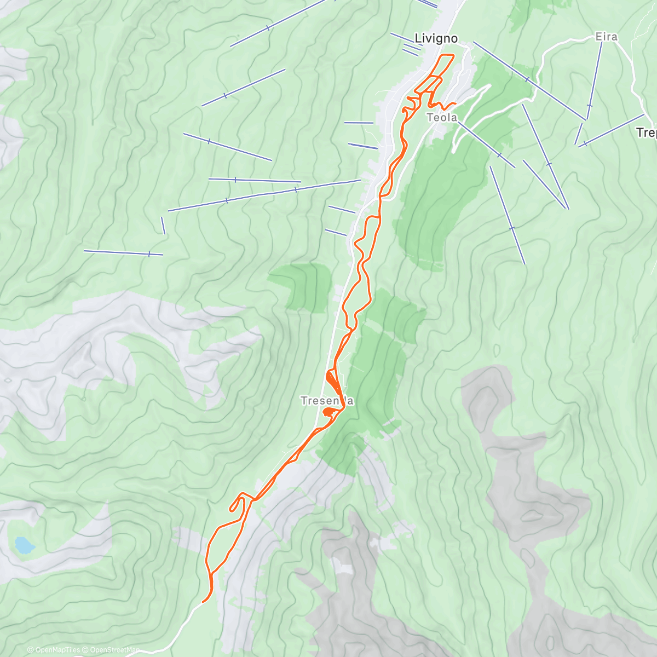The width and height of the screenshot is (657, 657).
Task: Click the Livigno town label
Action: (x=436, y=38)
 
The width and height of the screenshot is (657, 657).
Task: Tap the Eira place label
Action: (x=606, y=37)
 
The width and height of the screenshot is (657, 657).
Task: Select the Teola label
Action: (x=442, y=117)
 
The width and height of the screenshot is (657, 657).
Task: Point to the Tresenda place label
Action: (x=327, y=401)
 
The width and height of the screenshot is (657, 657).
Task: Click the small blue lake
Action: (x=24, y=545)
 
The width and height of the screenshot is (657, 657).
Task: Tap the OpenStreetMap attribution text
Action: (x=115, y=650)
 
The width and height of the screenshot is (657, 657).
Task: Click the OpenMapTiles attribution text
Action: (x=57, y=650)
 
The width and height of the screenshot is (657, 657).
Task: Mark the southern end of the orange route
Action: (x=204, y=601)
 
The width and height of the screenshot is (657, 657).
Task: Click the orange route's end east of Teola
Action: (x=456, y=103)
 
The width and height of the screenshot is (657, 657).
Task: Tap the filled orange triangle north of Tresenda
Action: (x=332, y=378)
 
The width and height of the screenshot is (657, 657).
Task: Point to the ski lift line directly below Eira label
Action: (x=595, y=80)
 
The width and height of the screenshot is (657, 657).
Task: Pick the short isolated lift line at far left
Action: (x=124, y=252)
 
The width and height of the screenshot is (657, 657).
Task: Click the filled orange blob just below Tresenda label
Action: (x=330, y=412)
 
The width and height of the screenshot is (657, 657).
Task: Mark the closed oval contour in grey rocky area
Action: (x=531, y=516)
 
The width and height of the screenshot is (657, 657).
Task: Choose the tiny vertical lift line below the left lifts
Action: (x=163, y=225)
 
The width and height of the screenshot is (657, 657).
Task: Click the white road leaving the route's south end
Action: (x=181, y=624)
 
